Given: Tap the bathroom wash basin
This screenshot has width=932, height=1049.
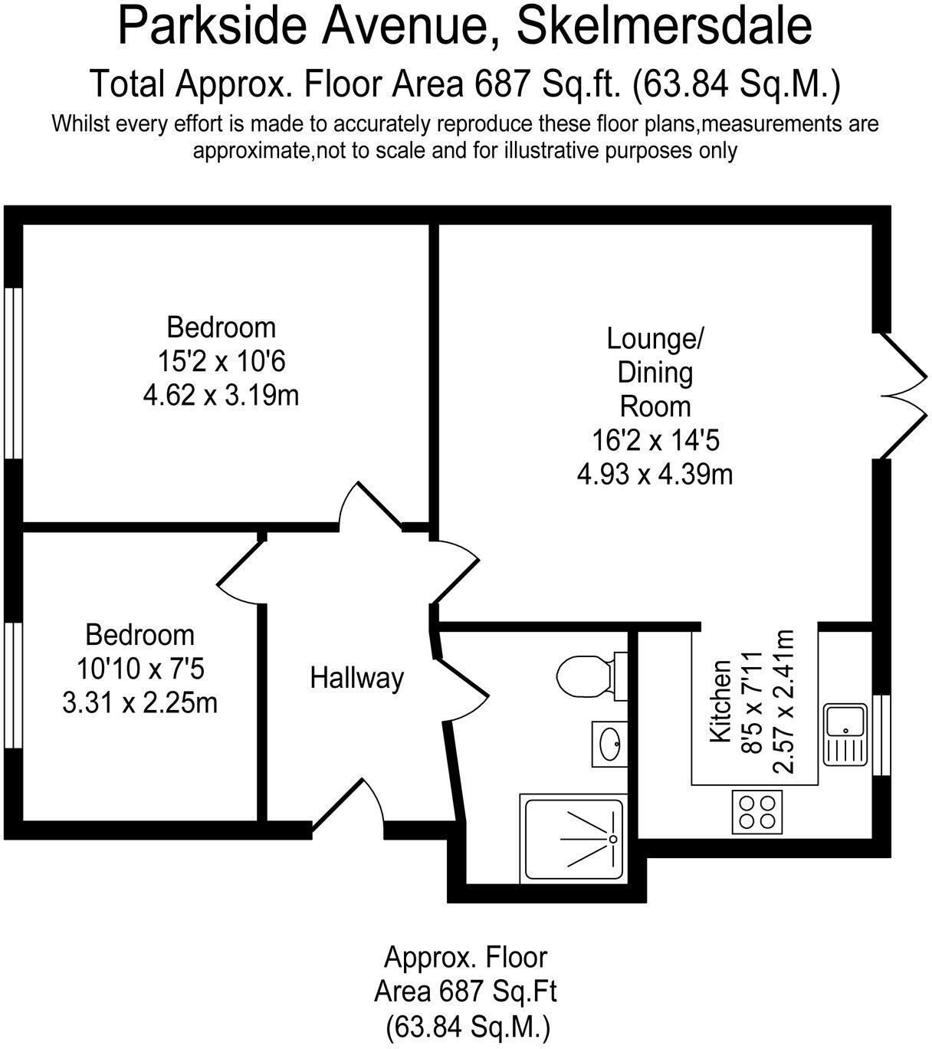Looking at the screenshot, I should pos(610,742).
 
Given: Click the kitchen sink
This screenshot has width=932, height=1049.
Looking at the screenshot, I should pos(845,734).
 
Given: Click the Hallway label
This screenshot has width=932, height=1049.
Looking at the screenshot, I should pos(356,678).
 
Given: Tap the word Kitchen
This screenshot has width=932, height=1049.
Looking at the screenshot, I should pos(720,701).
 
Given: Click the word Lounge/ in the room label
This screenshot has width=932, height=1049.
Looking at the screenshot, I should pos(655,337).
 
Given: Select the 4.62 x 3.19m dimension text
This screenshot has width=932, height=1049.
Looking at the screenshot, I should pos(221,396).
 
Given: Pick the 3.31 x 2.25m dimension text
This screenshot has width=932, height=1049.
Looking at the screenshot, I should pos(139,702).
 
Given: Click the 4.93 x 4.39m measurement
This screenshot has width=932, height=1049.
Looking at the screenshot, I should pos(655,474).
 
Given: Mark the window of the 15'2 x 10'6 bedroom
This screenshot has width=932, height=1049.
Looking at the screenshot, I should pos(12,373).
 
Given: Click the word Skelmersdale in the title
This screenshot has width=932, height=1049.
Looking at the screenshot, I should pos(664,26).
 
